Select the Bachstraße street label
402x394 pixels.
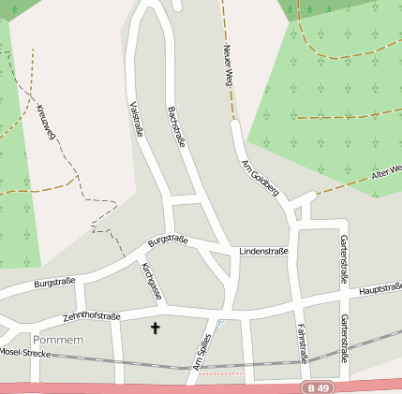pos(176,126)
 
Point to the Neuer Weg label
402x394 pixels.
pos(227,66)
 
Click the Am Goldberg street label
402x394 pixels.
pos(261,179)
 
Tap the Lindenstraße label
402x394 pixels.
pos(263,252)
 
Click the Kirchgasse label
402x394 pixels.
pos(152,282)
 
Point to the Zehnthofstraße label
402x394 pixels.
pos(92,317)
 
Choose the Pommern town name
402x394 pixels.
pos(58,339)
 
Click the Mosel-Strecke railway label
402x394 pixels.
pos(22,353)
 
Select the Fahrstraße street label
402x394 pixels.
pos(303,342)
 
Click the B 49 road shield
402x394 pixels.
pos(320,387)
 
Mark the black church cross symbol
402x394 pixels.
pos(155,328)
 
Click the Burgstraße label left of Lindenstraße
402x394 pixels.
pos(168,241)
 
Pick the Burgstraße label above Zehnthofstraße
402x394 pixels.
pos(54,282)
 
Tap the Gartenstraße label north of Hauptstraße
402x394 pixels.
pos(343,259)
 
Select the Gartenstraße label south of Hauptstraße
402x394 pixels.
pos(344,336)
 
